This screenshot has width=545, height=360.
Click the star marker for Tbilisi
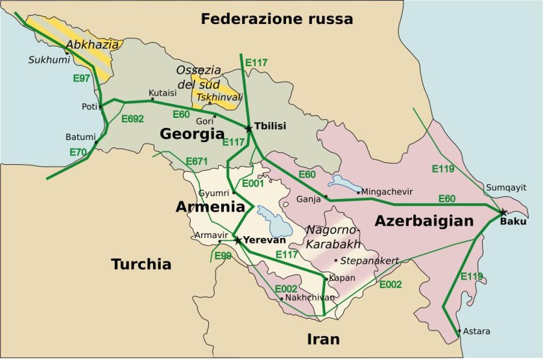pyautogui.click(x=249, y=128)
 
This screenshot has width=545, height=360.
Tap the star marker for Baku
pyautogui.click(x=503, y=212)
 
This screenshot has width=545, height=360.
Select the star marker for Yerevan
pyautogui.click(x=238, y=240)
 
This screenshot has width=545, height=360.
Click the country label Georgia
pyautogui.click(x=192, y=134)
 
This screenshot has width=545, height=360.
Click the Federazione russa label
pyautogui.click(x=276, y=19)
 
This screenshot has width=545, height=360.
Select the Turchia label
pyautogui.click(x=141, y=264)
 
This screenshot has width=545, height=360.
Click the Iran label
pyautogui.click(x=324, y=339)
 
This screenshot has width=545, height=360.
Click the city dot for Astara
pyautogui.click(x=459, y=331)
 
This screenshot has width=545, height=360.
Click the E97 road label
pyautogui.click(x=80, y=77)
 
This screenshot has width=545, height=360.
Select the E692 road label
pyautogui.click(x=132, y=118)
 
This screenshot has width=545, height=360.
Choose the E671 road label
pyautogui.click(x=196, y=160)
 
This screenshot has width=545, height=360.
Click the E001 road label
pyautogui.click(x=254, y=184)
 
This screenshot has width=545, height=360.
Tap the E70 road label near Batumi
pyautogui.click(x=79, y=152)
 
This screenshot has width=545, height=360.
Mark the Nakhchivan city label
pyautogui.click(x=309, y=298)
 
